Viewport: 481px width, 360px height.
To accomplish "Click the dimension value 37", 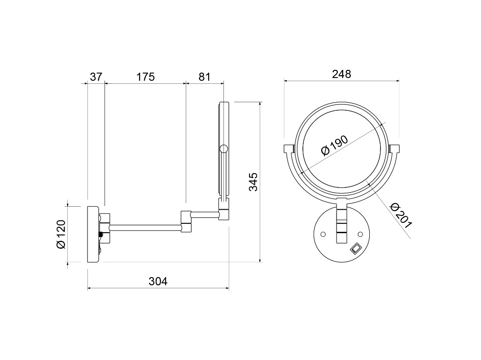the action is (96, 77).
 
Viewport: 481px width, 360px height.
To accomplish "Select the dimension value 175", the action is (145, 77).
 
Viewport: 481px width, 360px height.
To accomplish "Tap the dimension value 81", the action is (204, 77).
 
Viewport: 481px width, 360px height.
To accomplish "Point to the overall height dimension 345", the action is (254, 182).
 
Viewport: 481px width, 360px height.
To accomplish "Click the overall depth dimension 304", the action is (158, 281).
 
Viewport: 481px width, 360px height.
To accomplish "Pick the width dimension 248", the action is (341, 74).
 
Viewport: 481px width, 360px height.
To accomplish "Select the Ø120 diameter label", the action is (61, 234).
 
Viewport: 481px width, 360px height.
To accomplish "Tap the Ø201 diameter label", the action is (401, 215).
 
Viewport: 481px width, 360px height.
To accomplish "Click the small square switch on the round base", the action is (355, 248).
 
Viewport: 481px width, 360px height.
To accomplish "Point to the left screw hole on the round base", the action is (323, 234).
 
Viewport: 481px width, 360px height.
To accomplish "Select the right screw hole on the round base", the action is (360, 234).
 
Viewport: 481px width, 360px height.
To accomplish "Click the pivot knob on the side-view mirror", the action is (224, 149).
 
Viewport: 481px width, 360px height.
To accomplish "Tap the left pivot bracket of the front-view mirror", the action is (289, 148).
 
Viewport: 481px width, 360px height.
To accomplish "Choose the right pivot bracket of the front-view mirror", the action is (394, 148).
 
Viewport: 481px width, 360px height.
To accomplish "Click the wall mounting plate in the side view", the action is (93, 234).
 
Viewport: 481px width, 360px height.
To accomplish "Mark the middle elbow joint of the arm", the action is (186, 221).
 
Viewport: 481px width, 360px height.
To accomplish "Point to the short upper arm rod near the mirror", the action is (205, 214).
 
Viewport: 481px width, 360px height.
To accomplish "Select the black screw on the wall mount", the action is (101, 234).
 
